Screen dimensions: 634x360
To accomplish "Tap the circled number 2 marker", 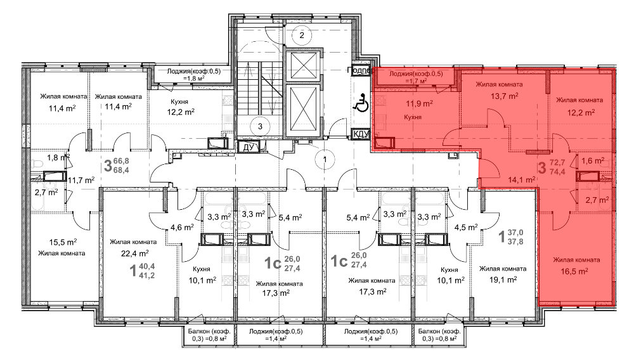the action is pos(302,35).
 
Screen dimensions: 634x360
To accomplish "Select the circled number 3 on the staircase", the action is pos(260,126).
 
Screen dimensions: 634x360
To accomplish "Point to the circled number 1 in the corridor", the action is pos(325,159).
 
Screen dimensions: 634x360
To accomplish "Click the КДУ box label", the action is pos(361,134).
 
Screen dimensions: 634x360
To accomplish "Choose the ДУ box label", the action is pos(248,147).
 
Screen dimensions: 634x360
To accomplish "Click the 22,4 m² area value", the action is pos(135,254).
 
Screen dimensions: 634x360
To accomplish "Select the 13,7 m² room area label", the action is pos(504,96).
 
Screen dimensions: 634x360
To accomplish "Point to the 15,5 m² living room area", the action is pos(63,242).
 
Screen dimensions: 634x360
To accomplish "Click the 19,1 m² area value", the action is pos(503,280).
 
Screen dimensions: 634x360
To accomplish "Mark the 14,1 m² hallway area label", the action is pos(522,180).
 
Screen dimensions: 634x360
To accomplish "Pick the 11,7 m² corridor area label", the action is pos(81,180).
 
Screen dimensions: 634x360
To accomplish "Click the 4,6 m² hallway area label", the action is pos(182,228).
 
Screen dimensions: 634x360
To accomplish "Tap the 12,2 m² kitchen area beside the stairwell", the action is pos(181,112).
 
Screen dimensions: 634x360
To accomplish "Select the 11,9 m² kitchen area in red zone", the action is pos(419,103).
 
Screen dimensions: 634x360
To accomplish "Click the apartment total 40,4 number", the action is pos(147,267).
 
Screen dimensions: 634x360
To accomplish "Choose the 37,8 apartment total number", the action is pos(515,241).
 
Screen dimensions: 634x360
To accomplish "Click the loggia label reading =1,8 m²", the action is pos(194,79).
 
